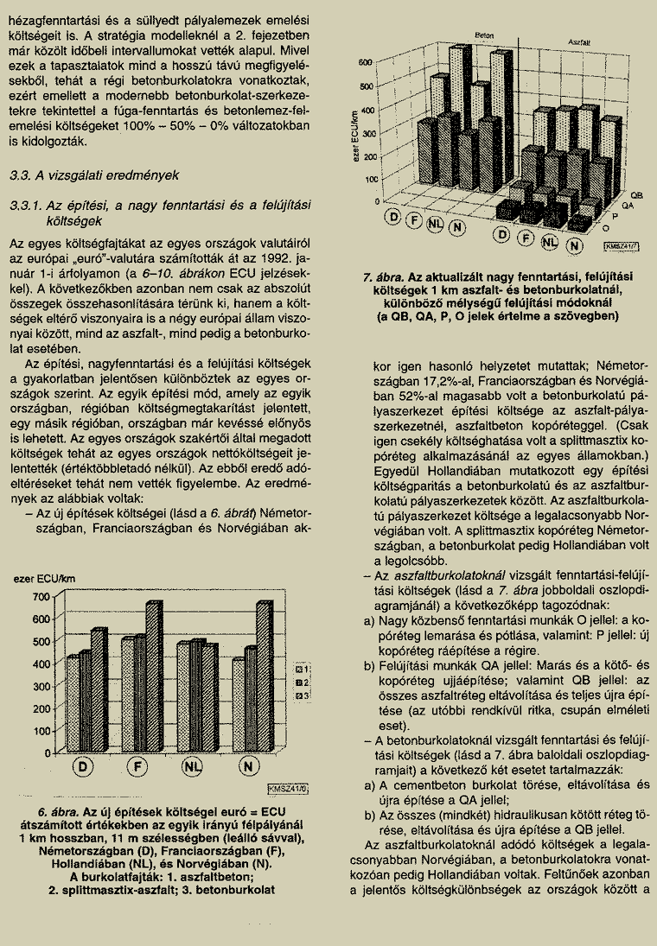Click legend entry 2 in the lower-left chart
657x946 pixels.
click(302, 683)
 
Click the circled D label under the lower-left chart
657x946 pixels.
click(84, 767)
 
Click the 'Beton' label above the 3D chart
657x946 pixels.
click(483, 35)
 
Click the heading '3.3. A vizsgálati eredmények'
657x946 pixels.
click(93, 175)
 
